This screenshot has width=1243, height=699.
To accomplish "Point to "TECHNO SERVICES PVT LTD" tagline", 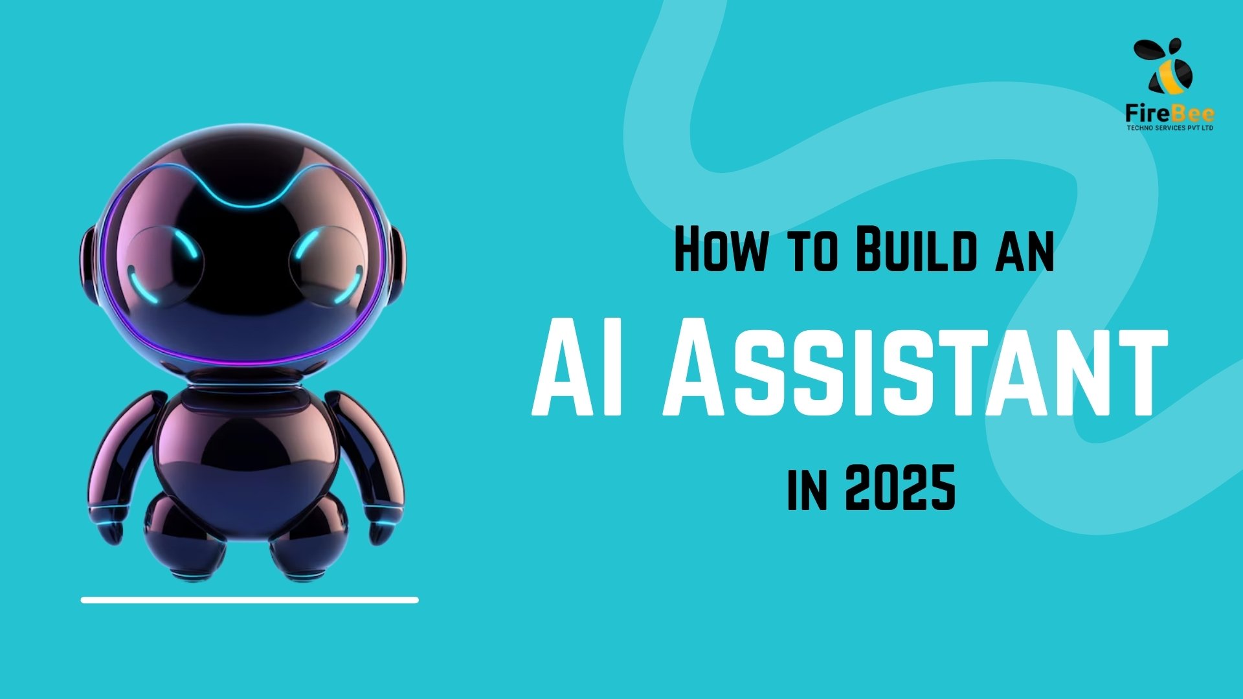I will tap(1170, 128).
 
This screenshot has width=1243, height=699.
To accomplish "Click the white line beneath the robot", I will tap(249, 600).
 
